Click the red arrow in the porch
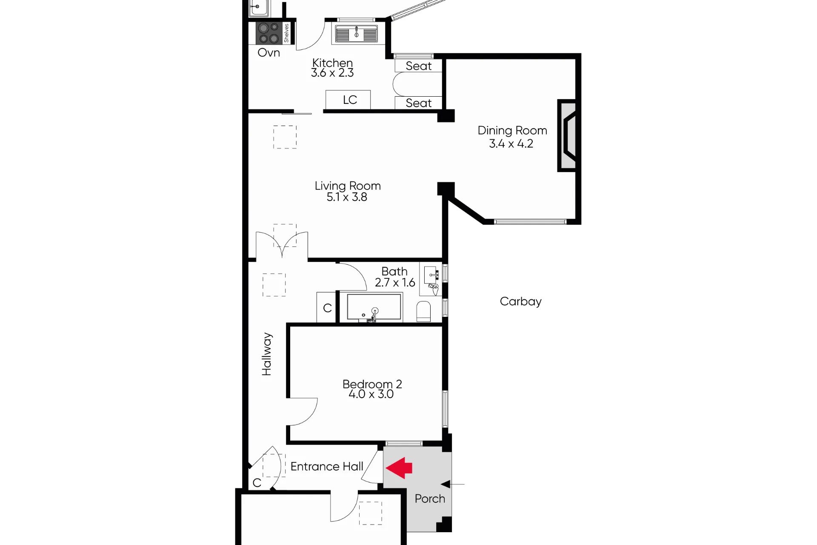(399, 468)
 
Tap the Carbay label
(520, 301)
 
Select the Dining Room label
(512, 130)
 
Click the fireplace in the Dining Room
(567, 135)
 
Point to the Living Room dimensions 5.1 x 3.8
(347, 197)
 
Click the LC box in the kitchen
(348, 100)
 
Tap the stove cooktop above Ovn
(269, 33)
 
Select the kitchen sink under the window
(356, 34)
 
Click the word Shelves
(286, 33)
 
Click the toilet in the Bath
(423, 311)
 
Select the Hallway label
(266, 354)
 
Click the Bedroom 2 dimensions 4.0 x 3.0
(371, 394)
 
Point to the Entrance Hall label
(327, 467)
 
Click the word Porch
(430, 499)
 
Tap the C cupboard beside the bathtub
(326, 307)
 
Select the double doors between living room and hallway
(282, 245)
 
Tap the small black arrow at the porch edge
(446, 484)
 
